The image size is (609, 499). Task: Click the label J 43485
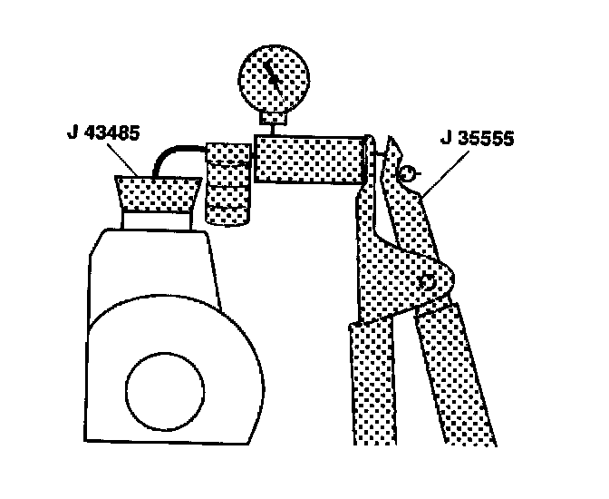click(101, 133)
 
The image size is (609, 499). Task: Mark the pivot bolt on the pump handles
click(429, 282)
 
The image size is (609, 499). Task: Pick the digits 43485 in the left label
click(111, 133)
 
